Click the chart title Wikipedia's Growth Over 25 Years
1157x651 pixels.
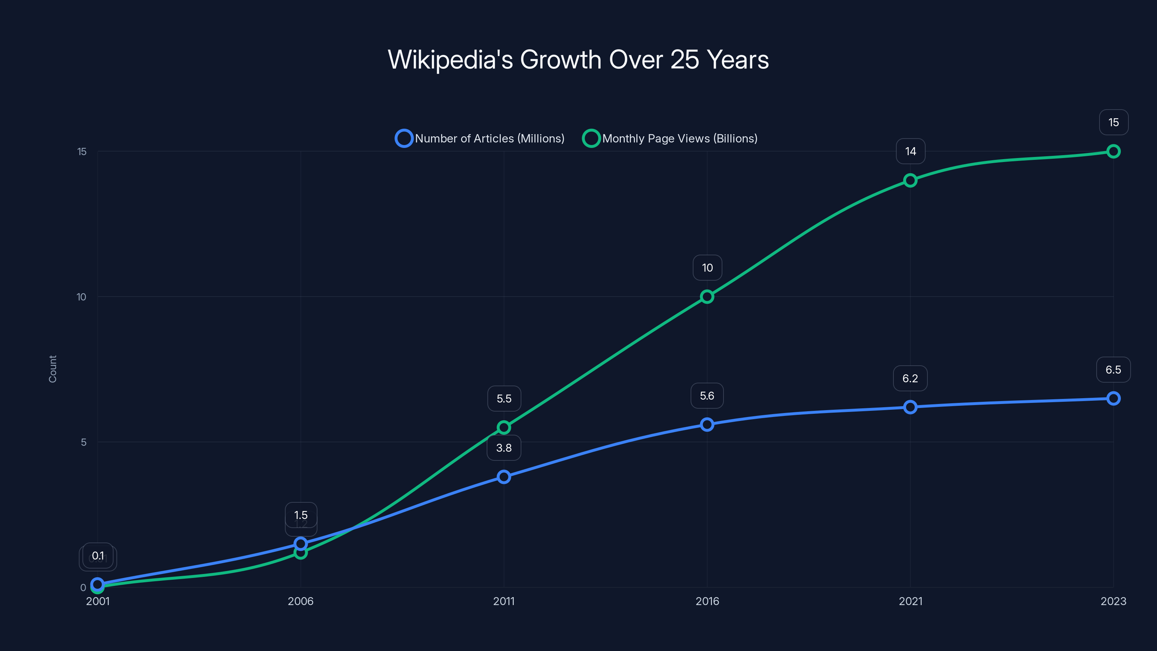tap(578, 60)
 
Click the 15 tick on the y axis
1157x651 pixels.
tap(81, 152)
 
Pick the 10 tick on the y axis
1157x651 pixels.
tap(81, 297)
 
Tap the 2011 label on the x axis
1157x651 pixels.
tap(504, 601)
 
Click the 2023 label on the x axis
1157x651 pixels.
tap(1113, 601)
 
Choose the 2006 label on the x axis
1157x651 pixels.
tap(300, 601)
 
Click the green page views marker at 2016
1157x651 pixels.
tap(707, 297)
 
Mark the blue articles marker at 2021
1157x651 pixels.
tap(910, 407)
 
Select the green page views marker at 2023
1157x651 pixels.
tap(1113, 152)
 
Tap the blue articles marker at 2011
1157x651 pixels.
tap(504, 477)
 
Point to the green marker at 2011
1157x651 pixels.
tap(504, 427)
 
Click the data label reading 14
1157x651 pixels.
tap(910, 152)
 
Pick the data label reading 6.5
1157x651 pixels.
tap(1113, 370)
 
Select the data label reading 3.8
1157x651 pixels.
tap(504, 448)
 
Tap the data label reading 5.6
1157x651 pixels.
tap(707, 396)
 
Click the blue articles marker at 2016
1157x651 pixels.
tap(707, 424)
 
